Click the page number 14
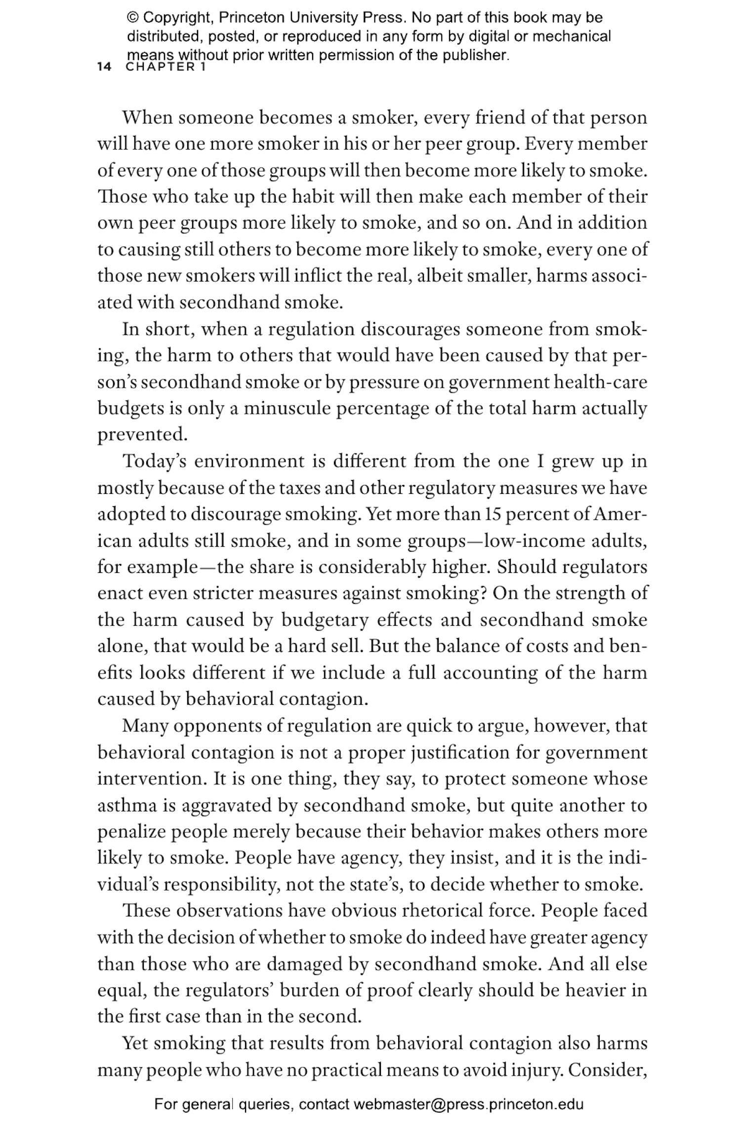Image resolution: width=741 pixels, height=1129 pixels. point(104,67)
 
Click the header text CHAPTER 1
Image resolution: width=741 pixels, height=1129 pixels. point(165,67)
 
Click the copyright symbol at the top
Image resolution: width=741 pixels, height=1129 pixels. point(133,18)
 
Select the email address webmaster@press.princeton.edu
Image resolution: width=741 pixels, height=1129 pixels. point(468,1104)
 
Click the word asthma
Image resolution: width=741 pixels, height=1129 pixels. point(127,806)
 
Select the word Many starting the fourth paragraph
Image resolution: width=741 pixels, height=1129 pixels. point(145,726)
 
